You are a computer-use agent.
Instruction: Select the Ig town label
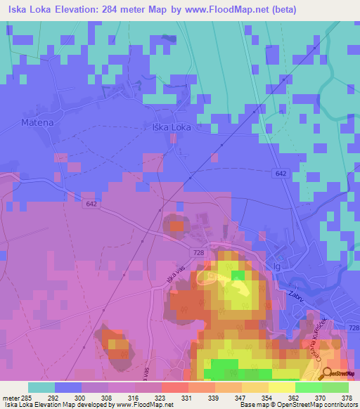click(x=276, y=266)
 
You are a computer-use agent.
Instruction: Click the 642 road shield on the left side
click(x=91, y=204)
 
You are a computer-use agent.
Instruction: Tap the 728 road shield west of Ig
click(x=199, y=251)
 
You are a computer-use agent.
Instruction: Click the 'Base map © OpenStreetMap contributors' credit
click(x=298, y=405)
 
